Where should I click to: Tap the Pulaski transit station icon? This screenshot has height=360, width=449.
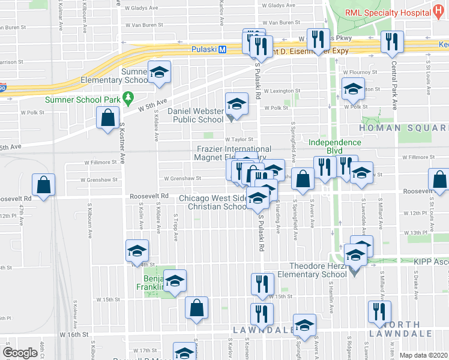[222, 50]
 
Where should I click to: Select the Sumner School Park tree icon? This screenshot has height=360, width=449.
[127, 97]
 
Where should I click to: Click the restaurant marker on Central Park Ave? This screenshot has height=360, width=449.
[391, 41]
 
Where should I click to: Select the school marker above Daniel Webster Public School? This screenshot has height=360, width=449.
[237, 105]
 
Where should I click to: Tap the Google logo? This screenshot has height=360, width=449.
[20, 353]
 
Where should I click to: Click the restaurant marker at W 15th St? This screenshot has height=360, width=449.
[262, 285]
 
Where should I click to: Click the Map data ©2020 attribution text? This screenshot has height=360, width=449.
[424, 355]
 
